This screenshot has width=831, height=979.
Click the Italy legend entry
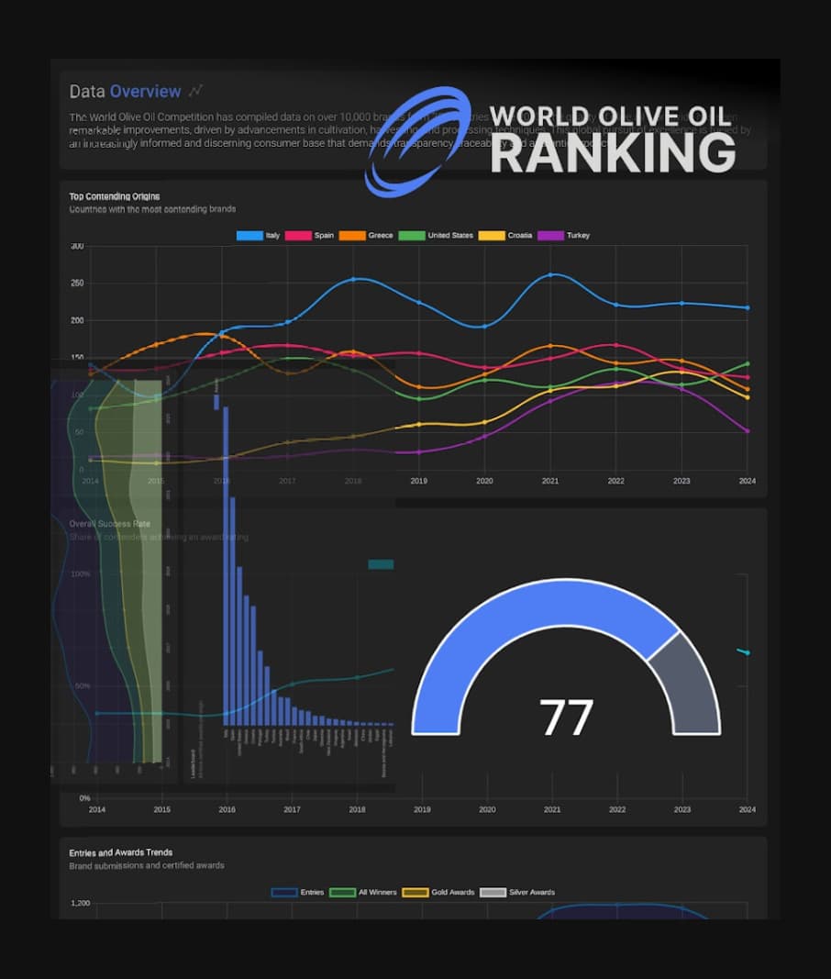point(259,236)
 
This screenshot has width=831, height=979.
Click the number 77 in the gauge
point(566,718)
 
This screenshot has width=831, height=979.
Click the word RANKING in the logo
point(613,153)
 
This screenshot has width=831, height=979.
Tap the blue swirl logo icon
point(417,141)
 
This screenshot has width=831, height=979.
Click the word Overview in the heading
point(146,92)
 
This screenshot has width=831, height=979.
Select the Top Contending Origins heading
point(115,196)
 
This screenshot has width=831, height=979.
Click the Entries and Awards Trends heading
point(121,852)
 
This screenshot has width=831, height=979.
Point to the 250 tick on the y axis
point(77,284)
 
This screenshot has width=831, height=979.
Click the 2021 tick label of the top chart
point(551,481)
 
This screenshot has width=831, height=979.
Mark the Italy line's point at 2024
point(748,308)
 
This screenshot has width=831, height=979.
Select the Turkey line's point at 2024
point(748,430)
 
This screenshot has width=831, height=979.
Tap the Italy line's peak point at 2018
point(353,279)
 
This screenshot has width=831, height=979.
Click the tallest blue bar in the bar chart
point(226,564)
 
